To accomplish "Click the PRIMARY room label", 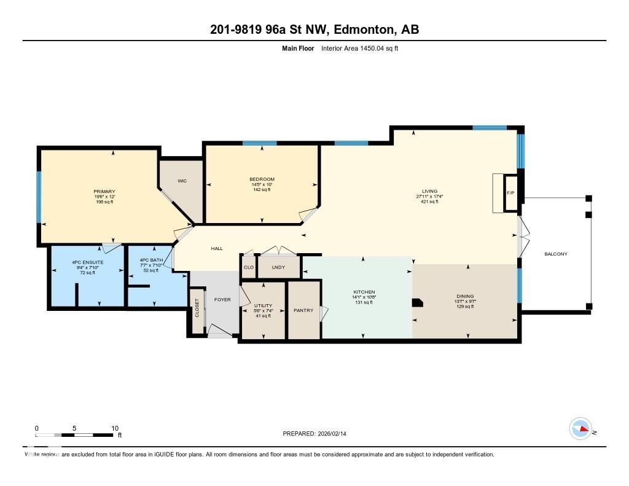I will point(104,192).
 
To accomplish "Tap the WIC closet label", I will point(182,181).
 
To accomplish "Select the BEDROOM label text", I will point(262,179).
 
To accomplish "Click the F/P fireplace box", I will point(510,193).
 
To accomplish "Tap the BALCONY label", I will point(556,254).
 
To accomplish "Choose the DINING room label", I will point(464,296).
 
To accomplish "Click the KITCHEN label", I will point(364,292).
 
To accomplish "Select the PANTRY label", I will point(303,310).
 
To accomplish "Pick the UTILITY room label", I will point(263,305).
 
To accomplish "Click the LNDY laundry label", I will point(279,267).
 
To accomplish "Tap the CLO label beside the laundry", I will point(248,267).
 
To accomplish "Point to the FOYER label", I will point(222,300).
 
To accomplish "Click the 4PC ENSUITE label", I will point(87,262).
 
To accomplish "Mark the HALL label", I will point(217,249).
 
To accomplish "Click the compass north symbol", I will point(580,428).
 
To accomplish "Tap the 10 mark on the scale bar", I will point(114,428).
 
